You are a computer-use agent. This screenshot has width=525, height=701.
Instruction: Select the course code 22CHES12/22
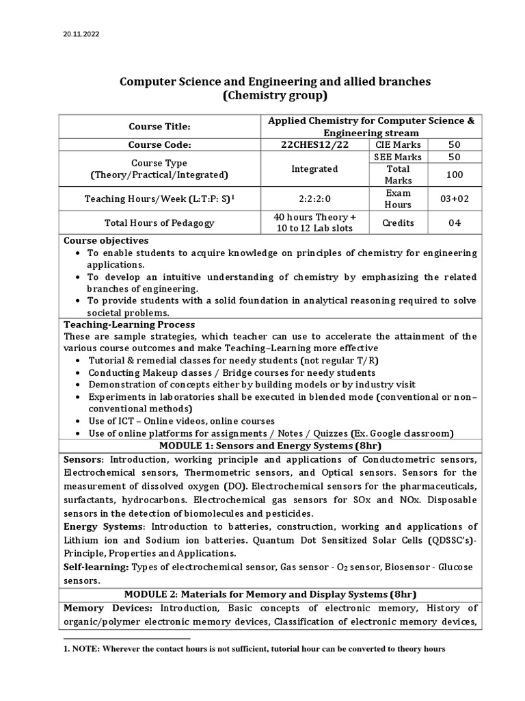(314, 144)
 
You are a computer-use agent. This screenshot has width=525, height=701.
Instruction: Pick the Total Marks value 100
(454, 175)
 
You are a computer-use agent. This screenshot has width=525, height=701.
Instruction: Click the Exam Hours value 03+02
(454, 199)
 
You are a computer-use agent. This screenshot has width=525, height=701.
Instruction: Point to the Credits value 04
(454, 223)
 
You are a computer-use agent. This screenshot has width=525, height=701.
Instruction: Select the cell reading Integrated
(314, 168)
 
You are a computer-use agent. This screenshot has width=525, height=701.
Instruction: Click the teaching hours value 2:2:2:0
(314, 199)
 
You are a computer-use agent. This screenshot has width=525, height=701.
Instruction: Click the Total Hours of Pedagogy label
(159, 223)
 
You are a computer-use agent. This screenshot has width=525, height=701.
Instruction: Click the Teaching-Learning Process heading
(129, 324)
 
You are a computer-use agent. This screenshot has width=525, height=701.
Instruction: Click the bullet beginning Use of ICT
(181, 421)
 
